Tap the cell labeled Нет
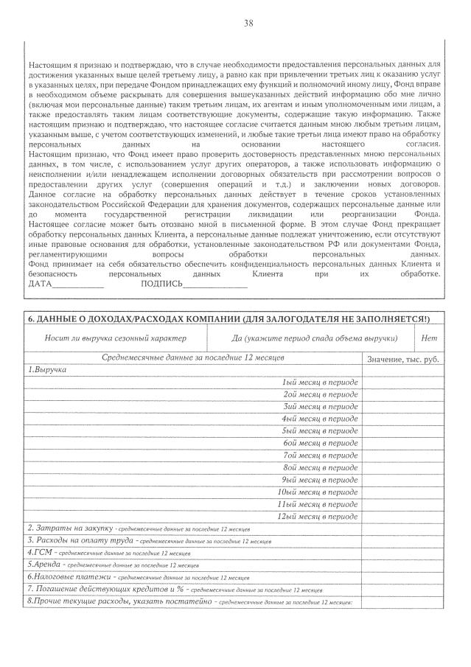pos(428,338)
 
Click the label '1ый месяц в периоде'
pos(321,383)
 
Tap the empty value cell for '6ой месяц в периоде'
pos(402,443)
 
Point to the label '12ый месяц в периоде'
pos(318,516)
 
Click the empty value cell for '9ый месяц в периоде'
pos(402,479)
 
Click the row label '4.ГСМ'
pos(41,552)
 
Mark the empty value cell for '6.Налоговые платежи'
pos(402,577)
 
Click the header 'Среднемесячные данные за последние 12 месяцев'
pos(193,357)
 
